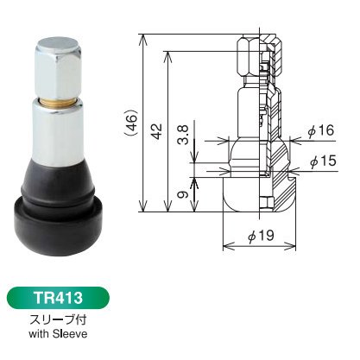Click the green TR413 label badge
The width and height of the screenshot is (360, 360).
tap(58, 298)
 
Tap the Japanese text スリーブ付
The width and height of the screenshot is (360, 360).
tap(58, 319)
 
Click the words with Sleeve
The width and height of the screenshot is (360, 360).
tap(58, 334)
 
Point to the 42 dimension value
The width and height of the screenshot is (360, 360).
tap(157, 131)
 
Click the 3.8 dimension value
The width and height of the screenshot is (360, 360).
tap(184, 135)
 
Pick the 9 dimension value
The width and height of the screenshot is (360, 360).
tap(183, 194)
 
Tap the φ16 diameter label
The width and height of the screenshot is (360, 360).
tap(321, 131)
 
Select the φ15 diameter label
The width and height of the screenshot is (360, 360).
tap(323, 161)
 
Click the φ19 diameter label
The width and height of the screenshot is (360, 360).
tap(261, 236)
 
